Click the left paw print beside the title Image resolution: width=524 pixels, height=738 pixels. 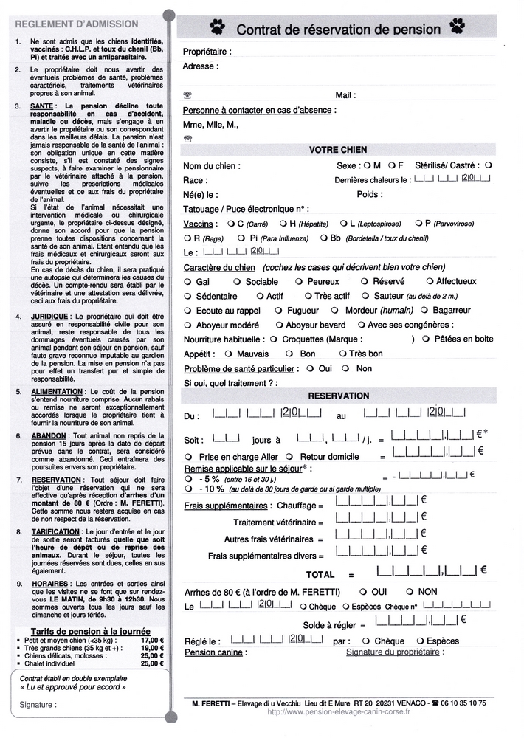click(x=217, y=27)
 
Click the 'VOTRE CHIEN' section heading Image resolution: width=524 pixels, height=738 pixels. click(x=338, y=150)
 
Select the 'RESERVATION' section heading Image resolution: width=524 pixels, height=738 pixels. click(x=338, y=396)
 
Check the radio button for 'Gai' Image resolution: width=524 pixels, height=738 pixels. click(x=187, y=282)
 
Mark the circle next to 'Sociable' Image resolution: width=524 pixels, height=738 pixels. click(x=237, y=282)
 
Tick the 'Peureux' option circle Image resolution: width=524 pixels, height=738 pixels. click(x=299, y=282)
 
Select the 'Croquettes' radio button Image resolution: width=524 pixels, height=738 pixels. click(x=273, y=339)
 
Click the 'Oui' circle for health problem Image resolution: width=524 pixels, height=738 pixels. click(x=310, y=368)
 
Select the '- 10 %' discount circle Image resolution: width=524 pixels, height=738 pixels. click(x=188, y=489)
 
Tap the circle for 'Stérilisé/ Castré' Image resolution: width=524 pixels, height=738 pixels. click(x=489, y=165)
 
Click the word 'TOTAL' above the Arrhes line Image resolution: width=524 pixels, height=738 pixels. click(x=320, y=574)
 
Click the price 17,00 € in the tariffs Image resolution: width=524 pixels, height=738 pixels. click(x=152, y=640)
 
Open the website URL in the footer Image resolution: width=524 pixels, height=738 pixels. click(x=339, y=712)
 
